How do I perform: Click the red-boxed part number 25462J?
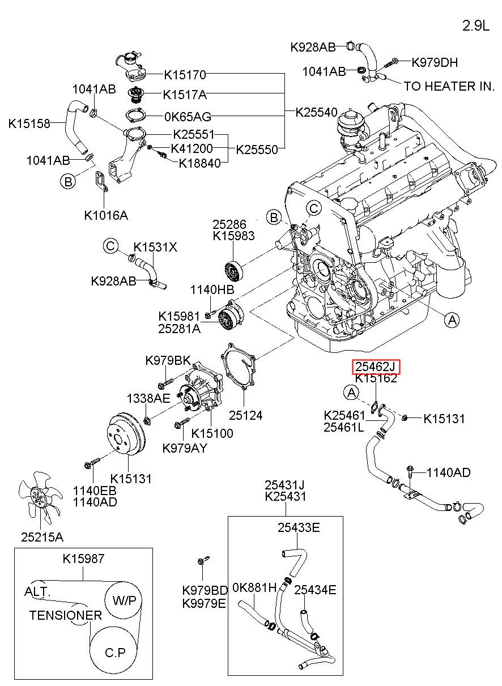pos(376,367)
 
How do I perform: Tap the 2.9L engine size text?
pos(475,26)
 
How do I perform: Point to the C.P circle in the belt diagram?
pos(115,653)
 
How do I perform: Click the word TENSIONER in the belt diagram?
pos(66,615)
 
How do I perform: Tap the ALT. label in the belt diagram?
pos(37,591)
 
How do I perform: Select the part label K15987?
pos(83,559)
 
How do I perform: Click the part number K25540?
pos(316,112)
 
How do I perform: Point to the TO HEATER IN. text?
pos(449,86)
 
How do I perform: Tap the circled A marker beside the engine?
pos(452,320)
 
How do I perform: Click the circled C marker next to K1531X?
pos(110,246)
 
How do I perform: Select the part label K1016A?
pos(106,215)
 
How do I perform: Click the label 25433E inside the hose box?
pos(299,528)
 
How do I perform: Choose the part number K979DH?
pos(435,62)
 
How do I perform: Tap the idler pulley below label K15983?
pos(233,271)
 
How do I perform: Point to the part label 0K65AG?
pos(187,117)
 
